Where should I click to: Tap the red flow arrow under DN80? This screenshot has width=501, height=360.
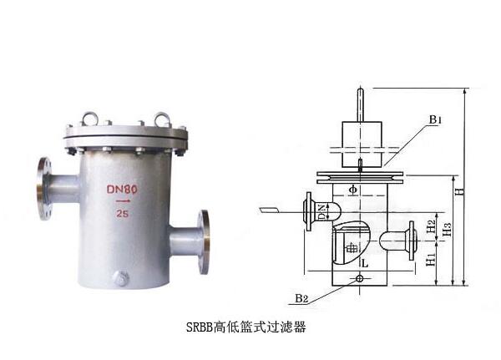click(x=123, y=201)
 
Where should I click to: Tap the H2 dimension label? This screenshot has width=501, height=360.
click(x=429, y=226)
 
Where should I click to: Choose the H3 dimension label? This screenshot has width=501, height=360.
click(x=447, y=228)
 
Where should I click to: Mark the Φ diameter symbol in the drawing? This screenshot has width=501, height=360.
click(x=352, y=190)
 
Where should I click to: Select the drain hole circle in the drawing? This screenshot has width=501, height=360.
click(x=360, y=279)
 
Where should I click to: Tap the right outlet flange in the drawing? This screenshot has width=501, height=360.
click(x=410, y=240)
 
